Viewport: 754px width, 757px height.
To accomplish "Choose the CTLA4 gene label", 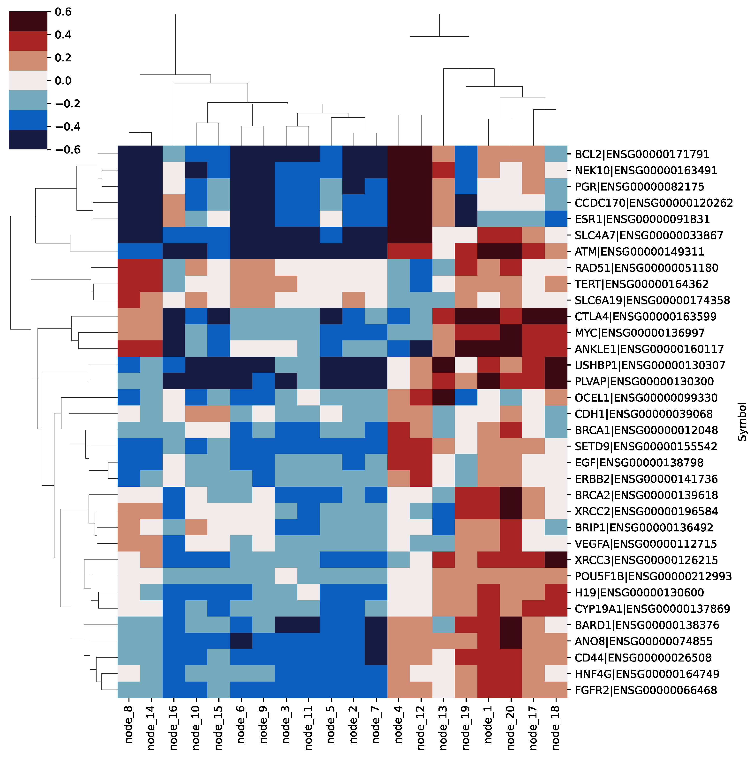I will [x=645, y=316].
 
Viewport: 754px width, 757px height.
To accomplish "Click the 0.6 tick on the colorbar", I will [x=63, y=12].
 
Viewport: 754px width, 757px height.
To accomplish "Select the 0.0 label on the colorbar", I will [x=63, y=81].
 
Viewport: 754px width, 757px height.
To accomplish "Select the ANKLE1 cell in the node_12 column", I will [x=421, y=349].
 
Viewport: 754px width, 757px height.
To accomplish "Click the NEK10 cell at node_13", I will [x=444, y=170].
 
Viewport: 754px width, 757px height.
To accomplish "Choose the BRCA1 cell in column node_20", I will [x=511, y=430].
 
